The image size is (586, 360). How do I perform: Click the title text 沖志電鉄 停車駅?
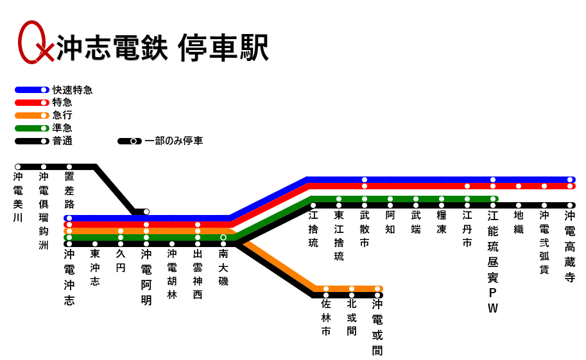[162, 47]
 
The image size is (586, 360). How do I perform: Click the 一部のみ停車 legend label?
[173, 141]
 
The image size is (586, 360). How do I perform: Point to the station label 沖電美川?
[18, 197]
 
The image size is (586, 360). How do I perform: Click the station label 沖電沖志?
[69, 277]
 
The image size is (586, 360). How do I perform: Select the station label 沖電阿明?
[146, 277]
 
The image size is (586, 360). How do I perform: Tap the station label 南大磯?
[223, 267]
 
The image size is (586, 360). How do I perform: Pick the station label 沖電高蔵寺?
[570, 246]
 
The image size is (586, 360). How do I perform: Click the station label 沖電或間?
[377, 327]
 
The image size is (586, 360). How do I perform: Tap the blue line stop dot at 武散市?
[365, 180]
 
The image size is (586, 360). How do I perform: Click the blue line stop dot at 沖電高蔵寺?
[570, 180]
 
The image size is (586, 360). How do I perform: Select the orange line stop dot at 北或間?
[352, 289]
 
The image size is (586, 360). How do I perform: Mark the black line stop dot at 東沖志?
[95, 244]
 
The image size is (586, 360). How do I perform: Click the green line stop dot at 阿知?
[390, 199]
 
